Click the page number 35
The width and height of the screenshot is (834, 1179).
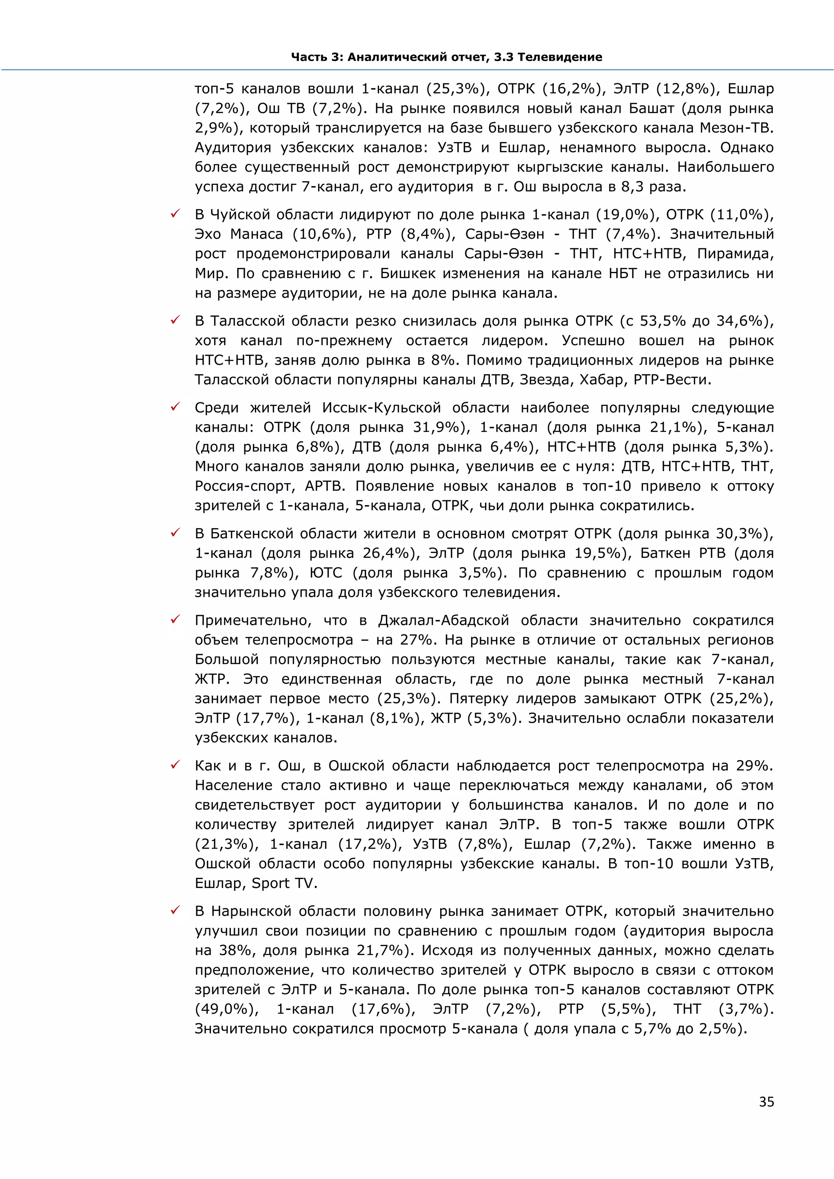pos(766,1102)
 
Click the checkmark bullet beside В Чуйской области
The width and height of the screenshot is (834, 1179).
pos(175,214)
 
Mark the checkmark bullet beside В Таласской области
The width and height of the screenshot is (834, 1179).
pos(175,320)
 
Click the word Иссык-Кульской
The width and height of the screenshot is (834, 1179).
pos(381,408)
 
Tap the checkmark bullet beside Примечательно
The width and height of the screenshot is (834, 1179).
pos(175,620)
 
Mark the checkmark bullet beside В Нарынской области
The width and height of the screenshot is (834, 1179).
pos(175,910)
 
